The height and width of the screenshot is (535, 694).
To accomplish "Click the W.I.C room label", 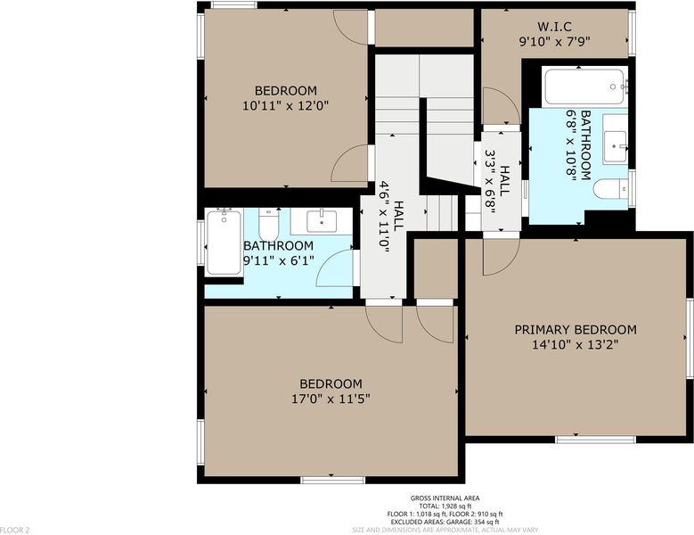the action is click(555, 27).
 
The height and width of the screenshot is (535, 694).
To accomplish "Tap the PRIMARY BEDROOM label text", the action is click(576, 330).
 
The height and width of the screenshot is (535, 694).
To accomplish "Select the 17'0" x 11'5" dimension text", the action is click(331, 399).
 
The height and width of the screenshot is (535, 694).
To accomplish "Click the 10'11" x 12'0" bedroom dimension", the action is click(285, 106).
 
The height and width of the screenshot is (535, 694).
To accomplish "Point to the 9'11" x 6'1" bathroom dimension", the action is click(279, 260).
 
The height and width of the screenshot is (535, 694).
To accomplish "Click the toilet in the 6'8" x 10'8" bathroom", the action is click(610, 189).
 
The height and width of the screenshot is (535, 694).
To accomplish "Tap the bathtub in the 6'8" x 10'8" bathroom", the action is click(585, 86).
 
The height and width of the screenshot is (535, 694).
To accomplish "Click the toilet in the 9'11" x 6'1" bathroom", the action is click(269, 225).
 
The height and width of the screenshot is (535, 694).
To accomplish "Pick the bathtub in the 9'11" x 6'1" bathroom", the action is click(224, 243).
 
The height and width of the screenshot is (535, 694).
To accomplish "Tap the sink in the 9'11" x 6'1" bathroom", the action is click(322, 221).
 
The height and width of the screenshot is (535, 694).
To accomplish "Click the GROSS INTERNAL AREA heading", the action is click(445, 498).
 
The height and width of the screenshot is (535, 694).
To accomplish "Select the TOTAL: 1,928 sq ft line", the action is click(445, 506).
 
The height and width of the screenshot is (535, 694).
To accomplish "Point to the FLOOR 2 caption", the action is click(14, 530).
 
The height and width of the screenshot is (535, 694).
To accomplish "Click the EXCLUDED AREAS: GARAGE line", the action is click(445, 522).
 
